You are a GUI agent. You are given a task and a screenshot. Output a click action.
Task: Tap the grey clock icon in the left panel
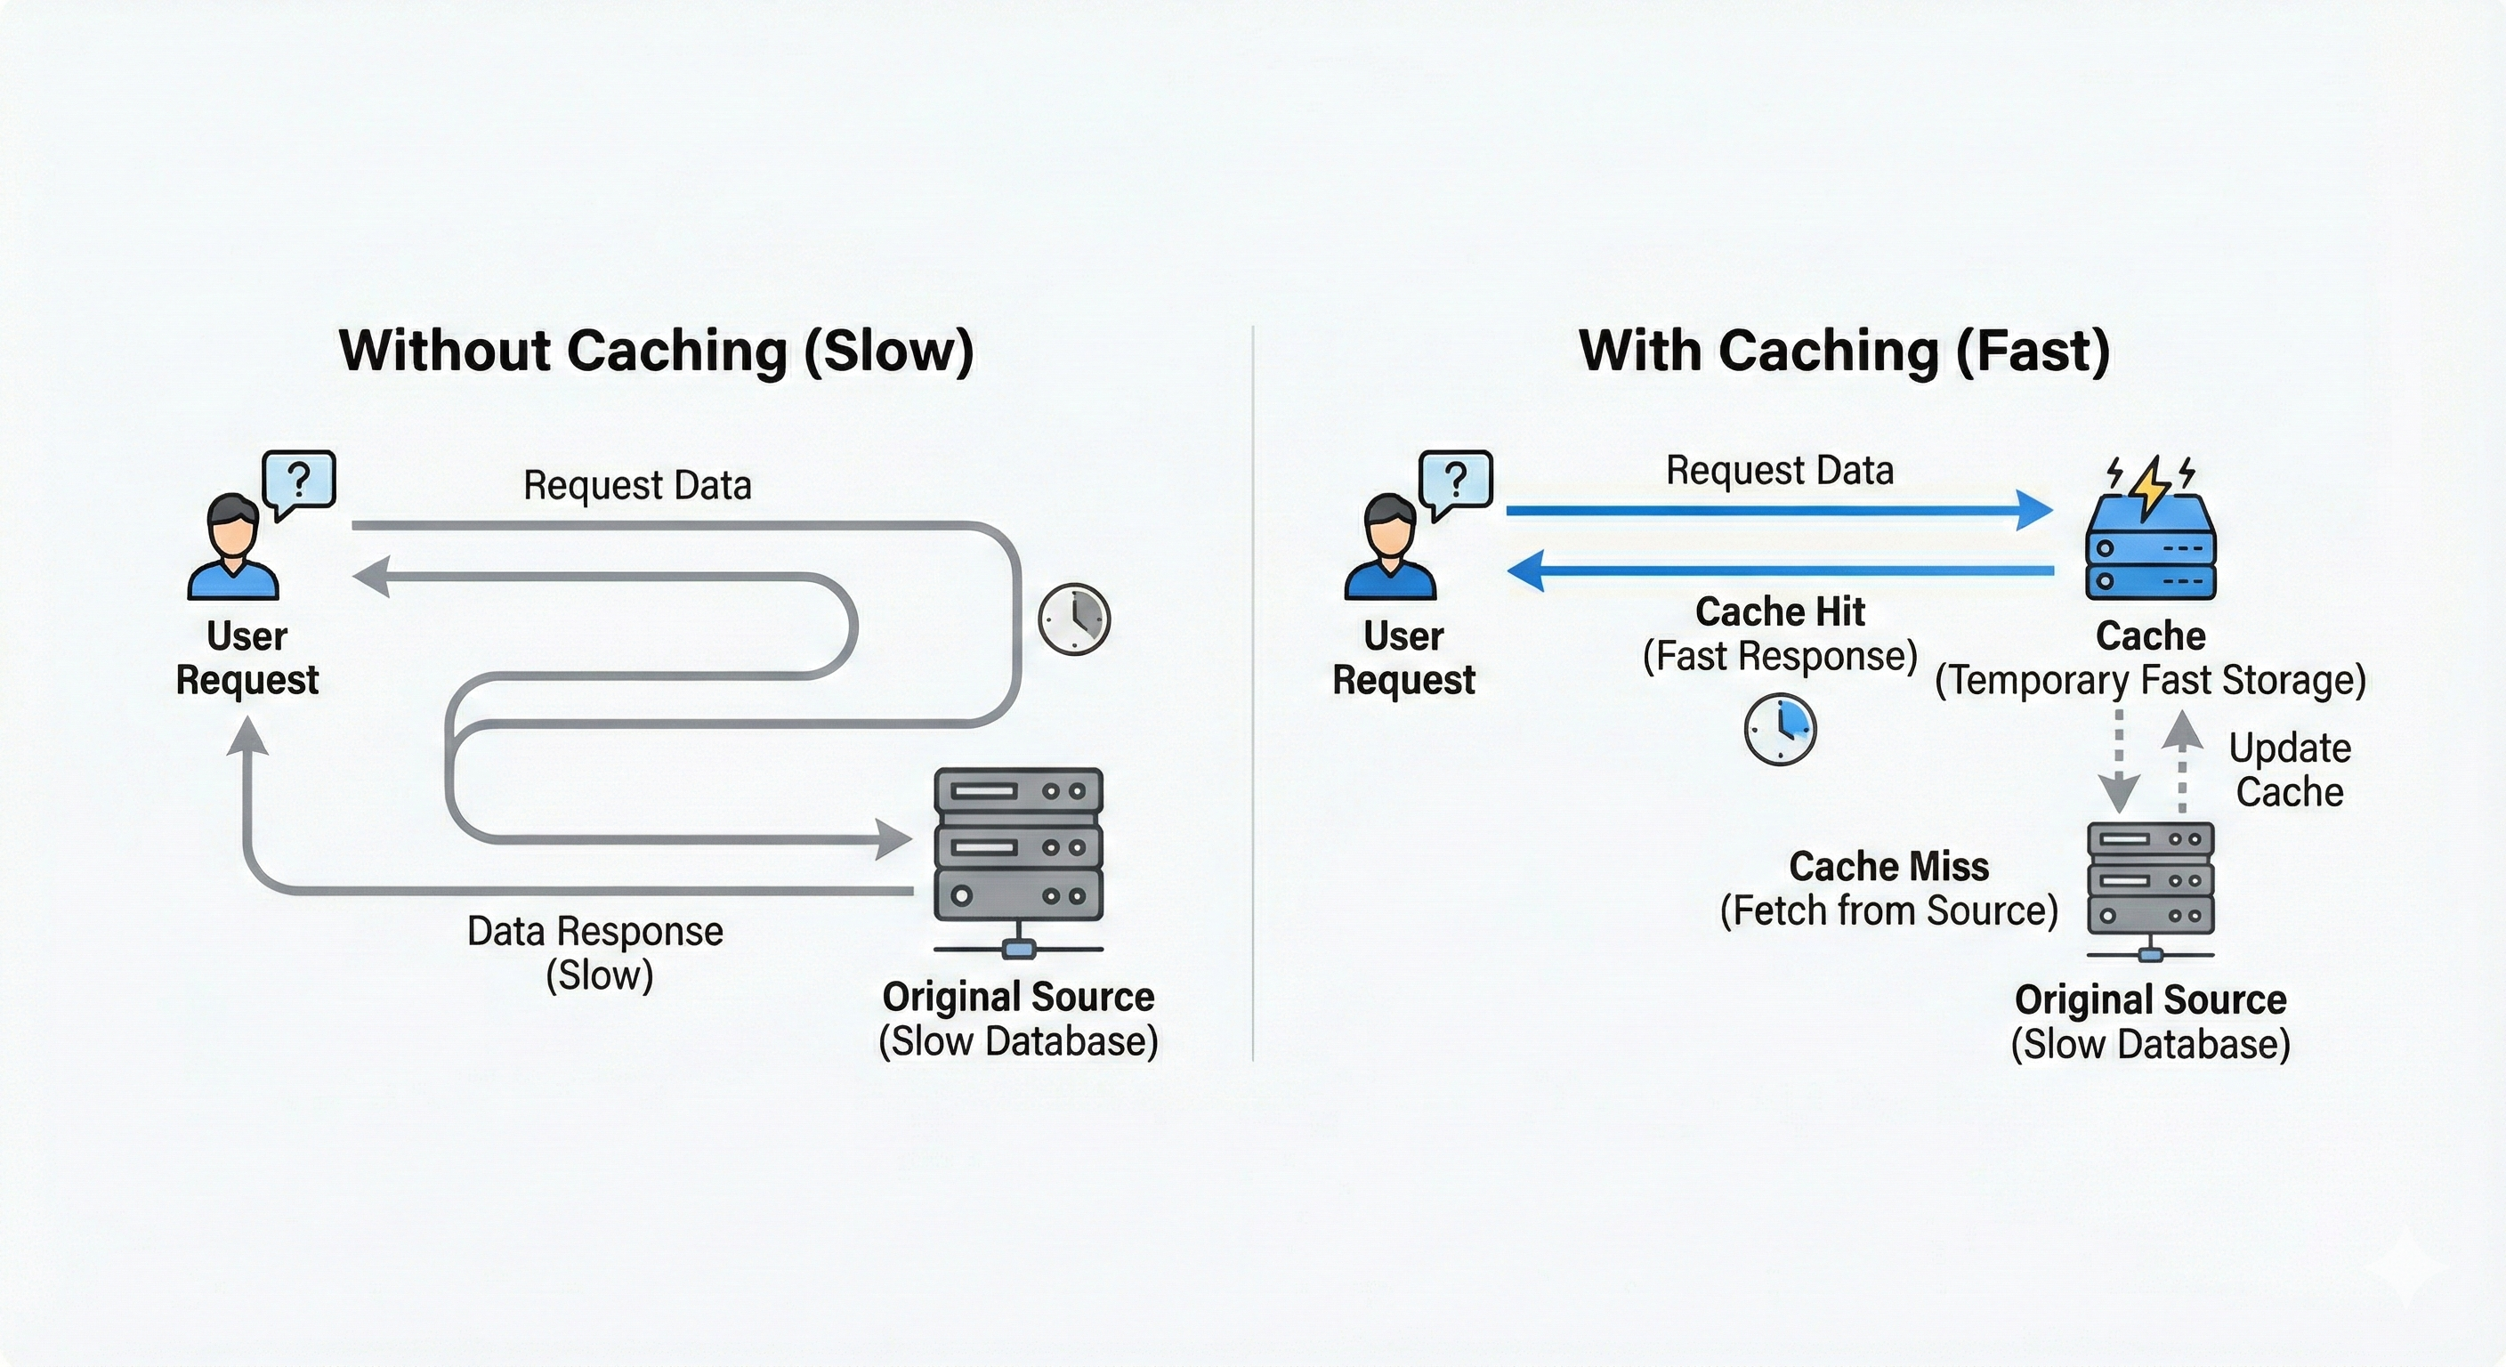click(1074, 619)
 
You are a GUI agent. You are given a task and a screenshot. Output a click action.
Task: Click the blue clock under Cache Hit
click(1779, 729)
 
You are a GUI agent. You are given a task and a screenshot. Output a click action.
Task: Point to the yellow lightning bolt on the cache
click(2151, 483)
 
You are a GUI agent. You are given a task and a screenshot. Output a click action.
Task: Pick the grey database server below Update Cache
click(2151, 879)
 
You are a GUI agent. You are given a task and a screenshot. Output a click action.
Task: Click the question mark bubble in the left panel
click(300, 481)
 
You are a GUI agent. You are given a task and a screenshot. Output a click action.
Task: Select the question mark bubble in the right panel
click(1455, 481)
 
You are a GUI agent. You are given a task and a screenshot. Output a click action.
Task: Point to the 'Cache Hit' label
click(1779, 612)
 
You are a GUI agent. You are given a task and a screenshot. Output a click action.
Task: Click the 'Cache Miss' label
click(1888, 866)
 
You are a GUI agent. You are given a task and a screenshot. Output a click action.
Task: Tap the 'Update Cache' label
click(2289, 770)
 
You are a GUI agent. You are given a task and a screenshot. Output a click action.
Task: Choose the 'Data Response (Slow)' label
click(595, 952)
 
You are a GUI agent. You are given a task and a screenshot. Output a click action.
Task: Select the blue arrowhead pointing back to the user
click(1526, 570)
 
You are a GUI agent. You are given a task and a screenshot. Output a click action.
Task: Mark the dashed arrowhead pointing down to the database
click(2119, 792)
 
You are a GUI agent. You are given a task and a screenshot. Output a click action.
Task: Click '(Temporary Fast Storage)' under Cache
click(2150, 680)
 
